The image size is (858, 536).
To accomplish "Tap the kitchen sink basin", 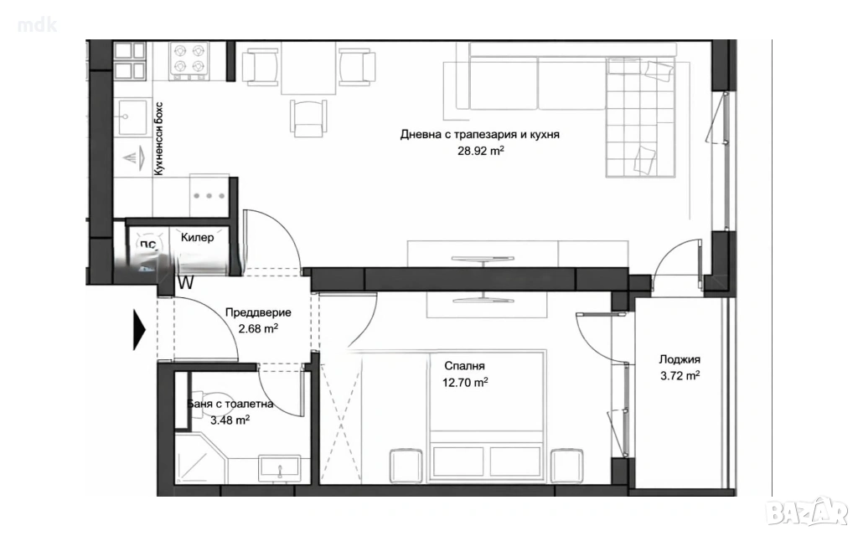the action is (x=132, y=117).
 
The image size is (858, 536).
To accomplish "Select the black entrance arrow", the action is (x=140, y=330).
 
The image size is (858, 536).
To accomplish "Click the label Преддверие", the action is (x=258, y=313).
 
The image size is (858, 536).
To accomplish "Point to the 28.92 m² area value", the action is (x=481, y=151).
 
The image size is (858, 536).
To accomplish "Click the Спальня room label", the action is (x=464, y=367).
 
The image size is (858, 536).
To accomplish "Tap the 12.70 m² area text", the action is (x=465, y=382).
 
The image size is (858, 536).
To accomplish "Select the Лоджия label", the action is (x=680, y=360).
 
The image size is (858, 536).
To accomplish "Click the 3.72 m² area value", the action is (x=680, y=376).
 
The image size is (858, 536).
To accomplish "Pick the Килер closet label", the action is (x=197, y=237).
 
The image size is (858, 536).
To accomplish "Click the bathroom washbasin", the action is (x=279, y=467).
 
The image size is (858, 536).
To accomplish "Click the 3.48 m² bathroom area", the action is (x=230, y=420).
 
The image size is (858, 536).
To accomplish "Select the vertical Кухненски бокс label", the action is (x=158, y=139).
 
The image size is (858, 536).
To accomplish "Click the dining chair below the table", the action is (x=308, y=117).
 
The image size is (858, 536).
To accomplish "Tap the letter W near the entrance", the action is (x=186, y=283).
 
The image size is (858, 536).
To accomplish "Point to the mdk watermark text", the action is (x=37, y=25).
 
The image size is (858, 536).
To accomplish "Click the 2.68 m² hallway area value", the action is (x=258, y=328).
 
